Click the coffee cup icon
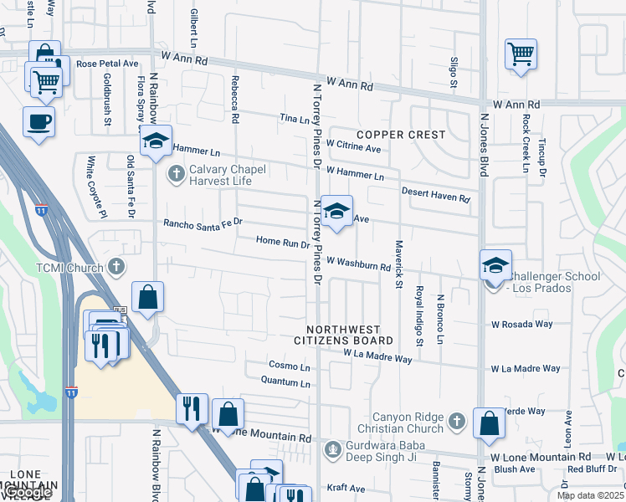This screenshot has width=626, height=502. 38,121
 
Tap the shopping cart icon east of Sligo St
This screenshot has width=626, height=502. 521,55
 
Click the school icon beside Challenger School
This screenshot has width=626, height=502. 495,265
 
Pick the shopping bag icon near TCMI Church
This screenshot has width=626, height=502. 147,298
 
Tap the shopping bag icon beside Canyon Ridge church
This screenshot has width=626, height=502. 489,424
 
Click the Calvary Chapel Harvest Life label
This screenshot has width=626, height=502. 227,175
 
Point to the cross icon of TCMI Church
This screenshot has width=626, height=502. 116,268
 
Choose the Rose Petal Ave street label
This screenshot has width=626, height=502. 106,64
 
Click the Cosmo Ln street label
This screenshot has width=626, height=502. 289,366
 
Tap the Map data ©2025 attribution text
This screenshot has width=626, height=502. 590,495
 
